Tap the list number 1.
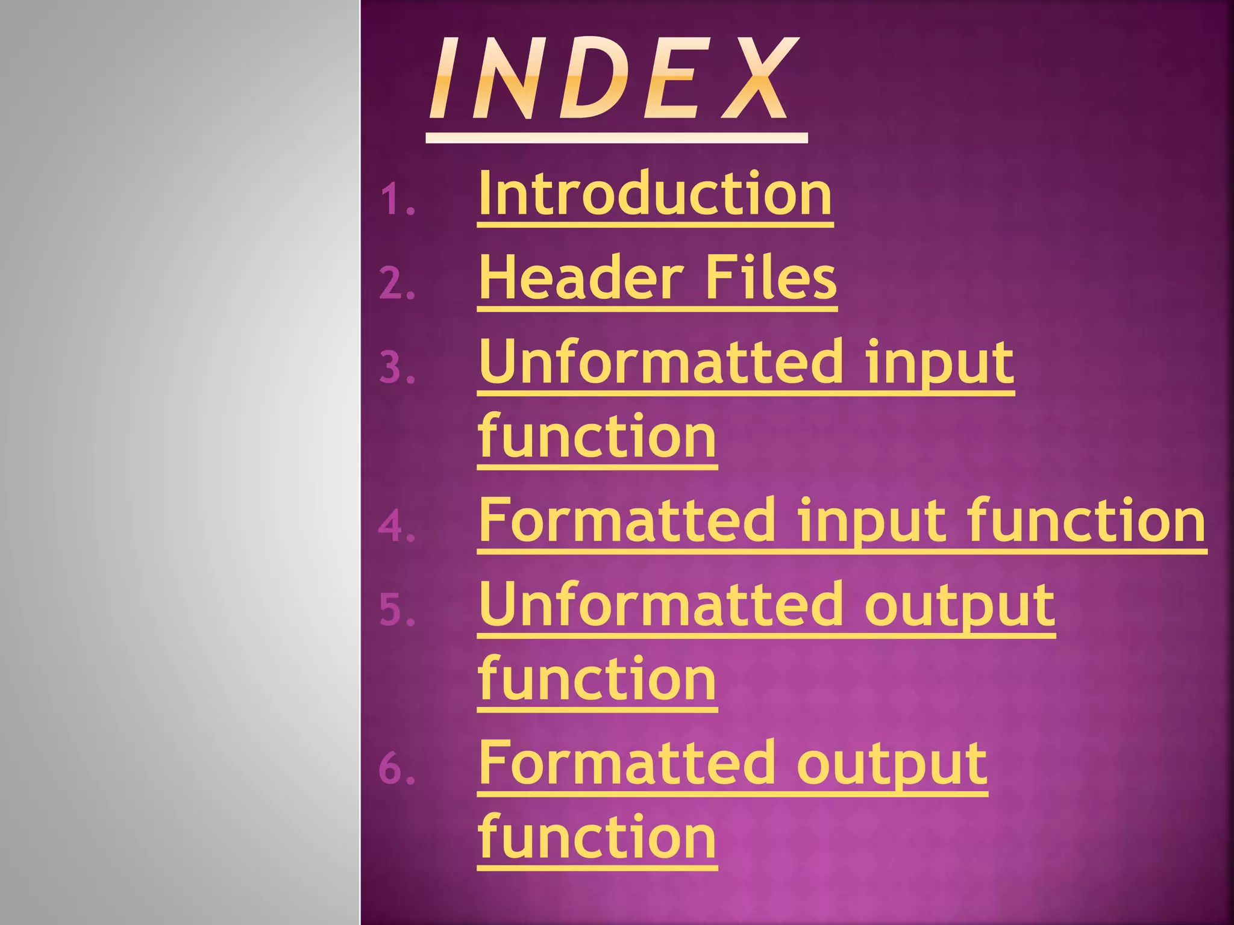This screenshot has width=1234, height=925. click(x=397, y=200)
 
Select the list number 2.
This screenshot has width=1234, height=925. click(x=397, y=284)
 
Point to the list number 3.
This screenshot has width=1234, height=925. click(x=397, y=368)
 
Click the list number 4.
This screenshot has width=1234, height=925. click(x=397, y=526)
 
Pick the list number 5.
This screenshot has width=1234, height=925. click(x=397, y=610)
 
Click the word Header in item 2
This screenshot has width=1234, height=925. click(x=581, y=278)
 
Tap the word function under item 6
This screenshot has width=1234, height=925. click(x=597, y=836)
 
